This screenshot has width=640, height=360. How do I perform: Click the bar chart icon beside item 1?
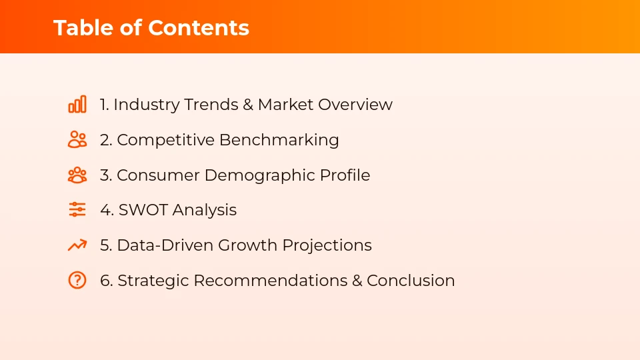(77, 105)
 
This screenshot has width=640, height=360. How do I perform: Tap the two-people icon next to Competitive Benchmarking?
(77, 140)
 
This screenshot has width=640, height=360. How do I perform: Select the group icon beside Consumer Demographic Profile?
(77, 175)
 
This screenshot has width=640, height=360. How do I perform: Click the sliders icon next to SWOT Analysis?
(77, 210)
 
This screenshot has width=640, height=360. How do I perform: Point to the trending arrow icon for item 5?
(77, 245)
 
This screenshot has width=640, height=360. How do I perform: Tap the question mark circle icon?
(77, 280)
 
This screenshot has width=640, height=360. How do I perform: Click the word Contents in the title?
(199, 28)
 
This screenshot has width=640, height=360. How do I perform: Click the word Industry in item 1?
(146, 105)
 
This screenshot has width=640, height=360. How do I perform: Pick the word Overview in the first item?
(355, 105)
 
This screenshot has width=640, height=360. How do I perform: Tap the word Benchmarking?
(279, 140)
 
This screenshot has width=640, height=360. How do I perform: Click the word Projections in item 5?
(327, 245)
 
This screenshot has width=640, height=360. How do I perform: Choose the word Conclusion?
(411, 281)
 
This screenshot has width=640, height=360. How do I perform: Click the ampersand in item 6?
(357, 281)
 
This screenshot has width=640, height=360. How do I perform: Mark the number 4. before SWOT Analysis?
(107, 210)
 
